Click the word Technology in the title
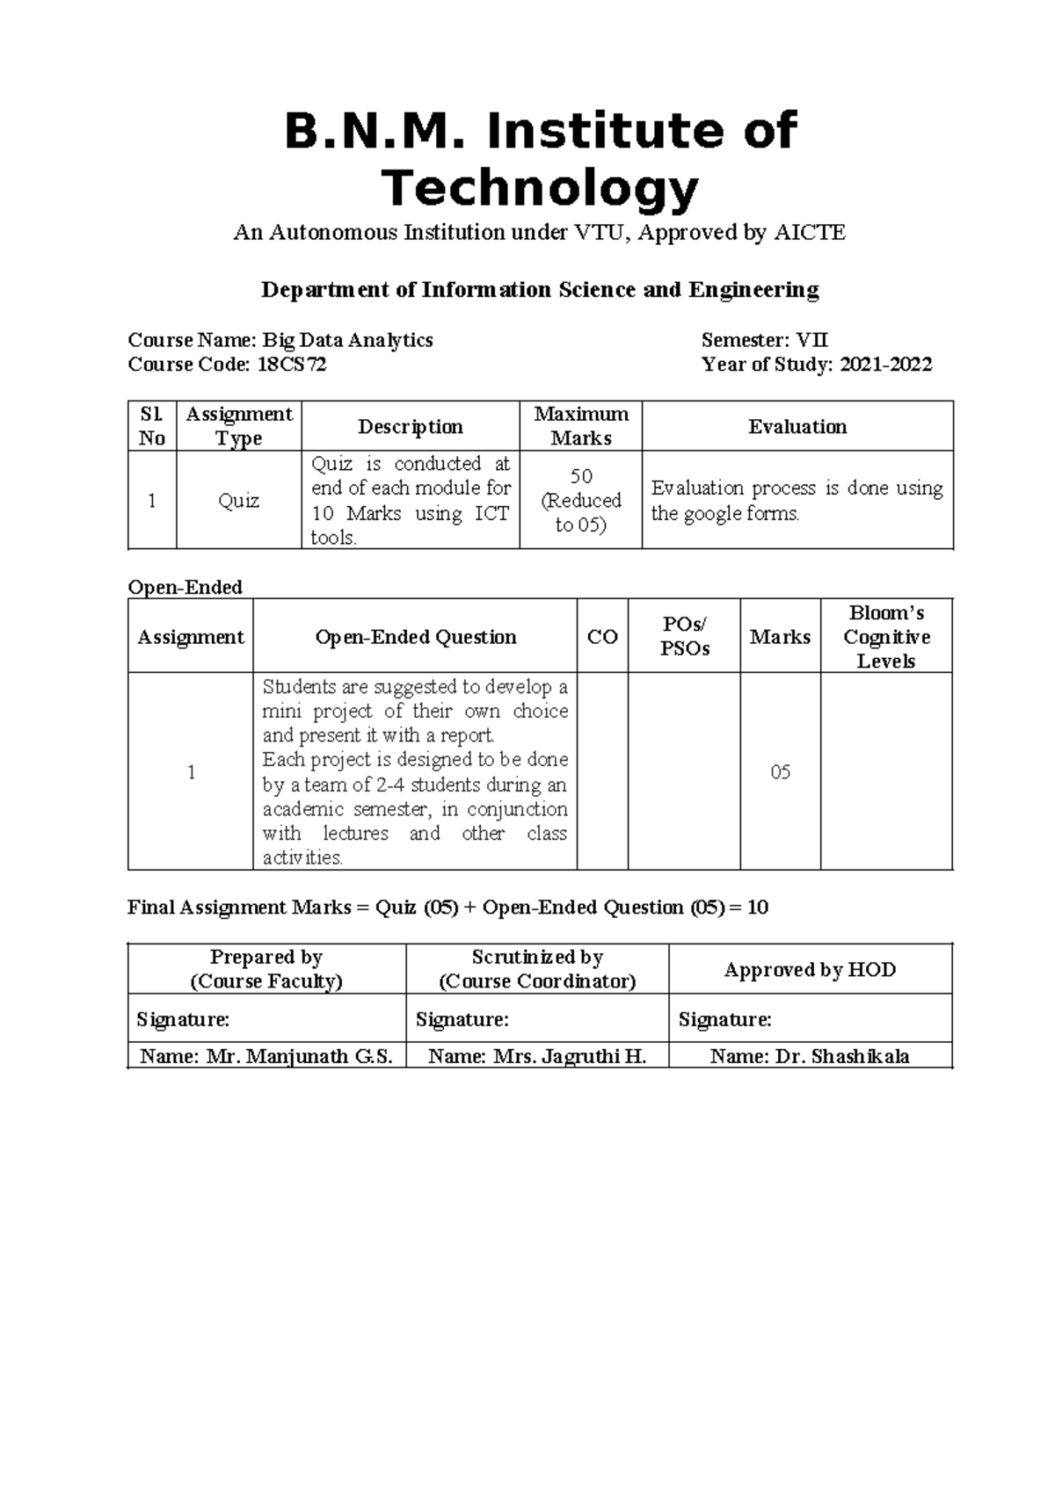point(539,188)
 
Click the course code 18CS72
point(291,365)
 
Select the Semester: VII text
point(764,340)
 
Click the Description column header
point(410,427)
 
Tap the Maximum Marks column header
point(581,426)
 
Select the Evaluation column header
point(797,427)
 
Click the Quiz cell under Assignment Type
point(238,501)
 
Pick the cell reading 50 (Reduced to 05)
point(581,501)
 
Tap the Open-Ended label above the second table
point(185,587)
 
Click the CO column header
point(602,638)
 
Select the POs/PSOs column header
point(684,637)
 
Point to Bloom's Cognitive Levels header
point(886,637)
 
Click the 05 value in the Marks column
point(780,772)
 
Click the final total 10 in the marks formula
point(757,908)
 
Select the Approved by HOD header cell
point(810,970)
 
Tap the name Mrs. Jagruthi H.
point(570,1057)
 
